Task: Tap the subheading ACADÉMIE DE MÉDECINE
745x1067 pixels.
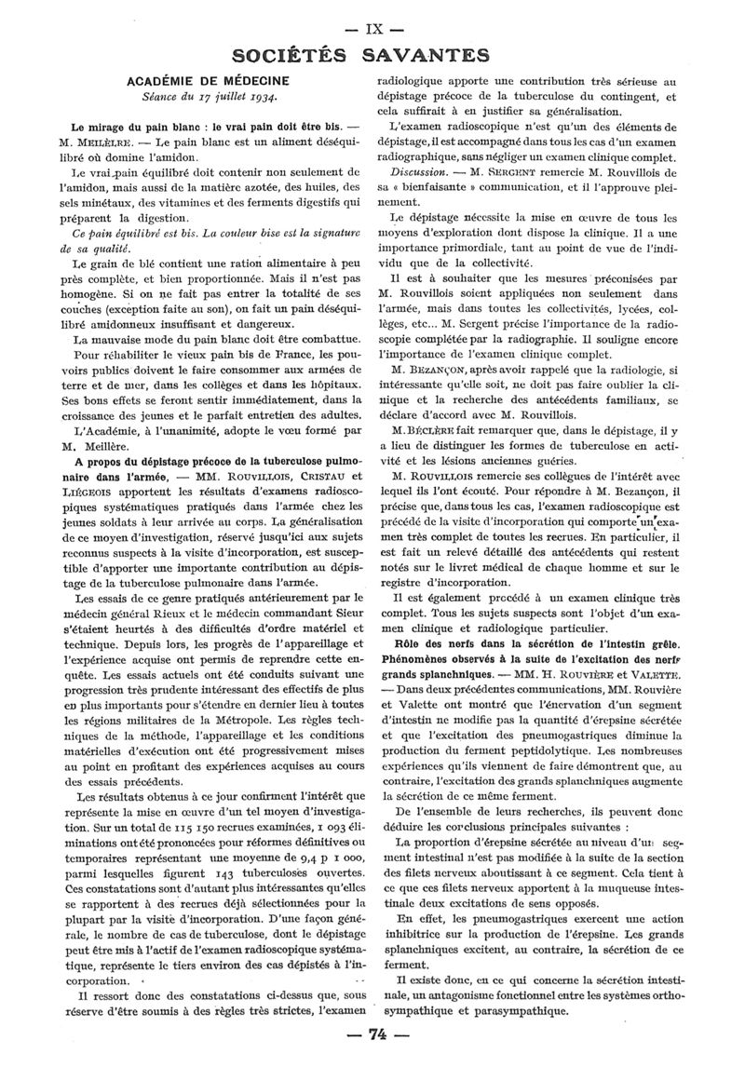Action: pyautogui.click(x=208, y=81)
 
